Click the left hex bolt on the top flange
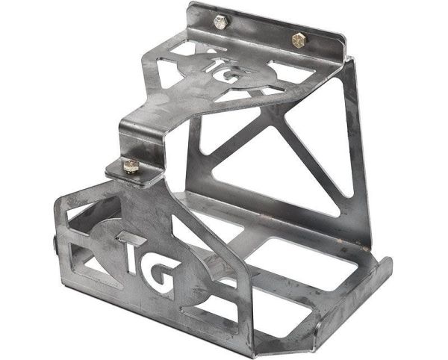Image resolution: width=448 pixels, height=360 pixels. (220, 22)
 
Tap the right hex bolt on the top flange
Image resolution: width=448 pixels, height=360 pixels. (299, 40)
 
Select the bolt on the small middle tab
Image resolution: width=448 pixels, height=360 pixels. (131, 167)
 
